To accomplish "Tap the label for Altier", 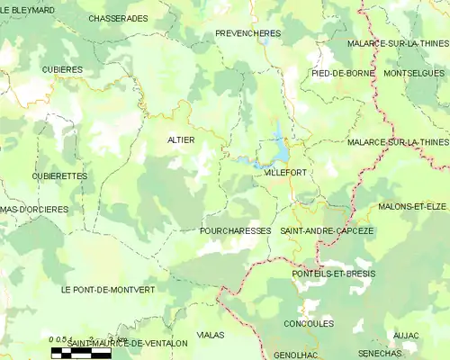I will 181,139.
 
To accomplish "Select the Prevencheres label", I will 248,33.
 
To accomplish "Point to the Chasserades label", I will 119,18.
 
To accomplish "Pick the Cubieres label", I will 62,69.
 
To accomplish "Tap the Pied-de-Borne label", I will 340,72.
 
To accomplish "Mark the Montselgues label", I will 414,72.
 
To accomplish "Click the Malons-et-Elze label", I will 412,206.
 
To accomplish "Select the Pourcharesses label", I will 235,230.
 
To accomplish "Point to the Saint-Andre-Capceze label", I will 328,230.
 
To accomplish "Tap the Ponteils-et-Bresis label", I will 335,273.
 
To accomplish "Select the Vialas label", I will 210,334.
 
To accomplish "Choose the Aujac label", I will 406,335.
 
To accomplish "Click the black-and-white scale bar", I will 80,352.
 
